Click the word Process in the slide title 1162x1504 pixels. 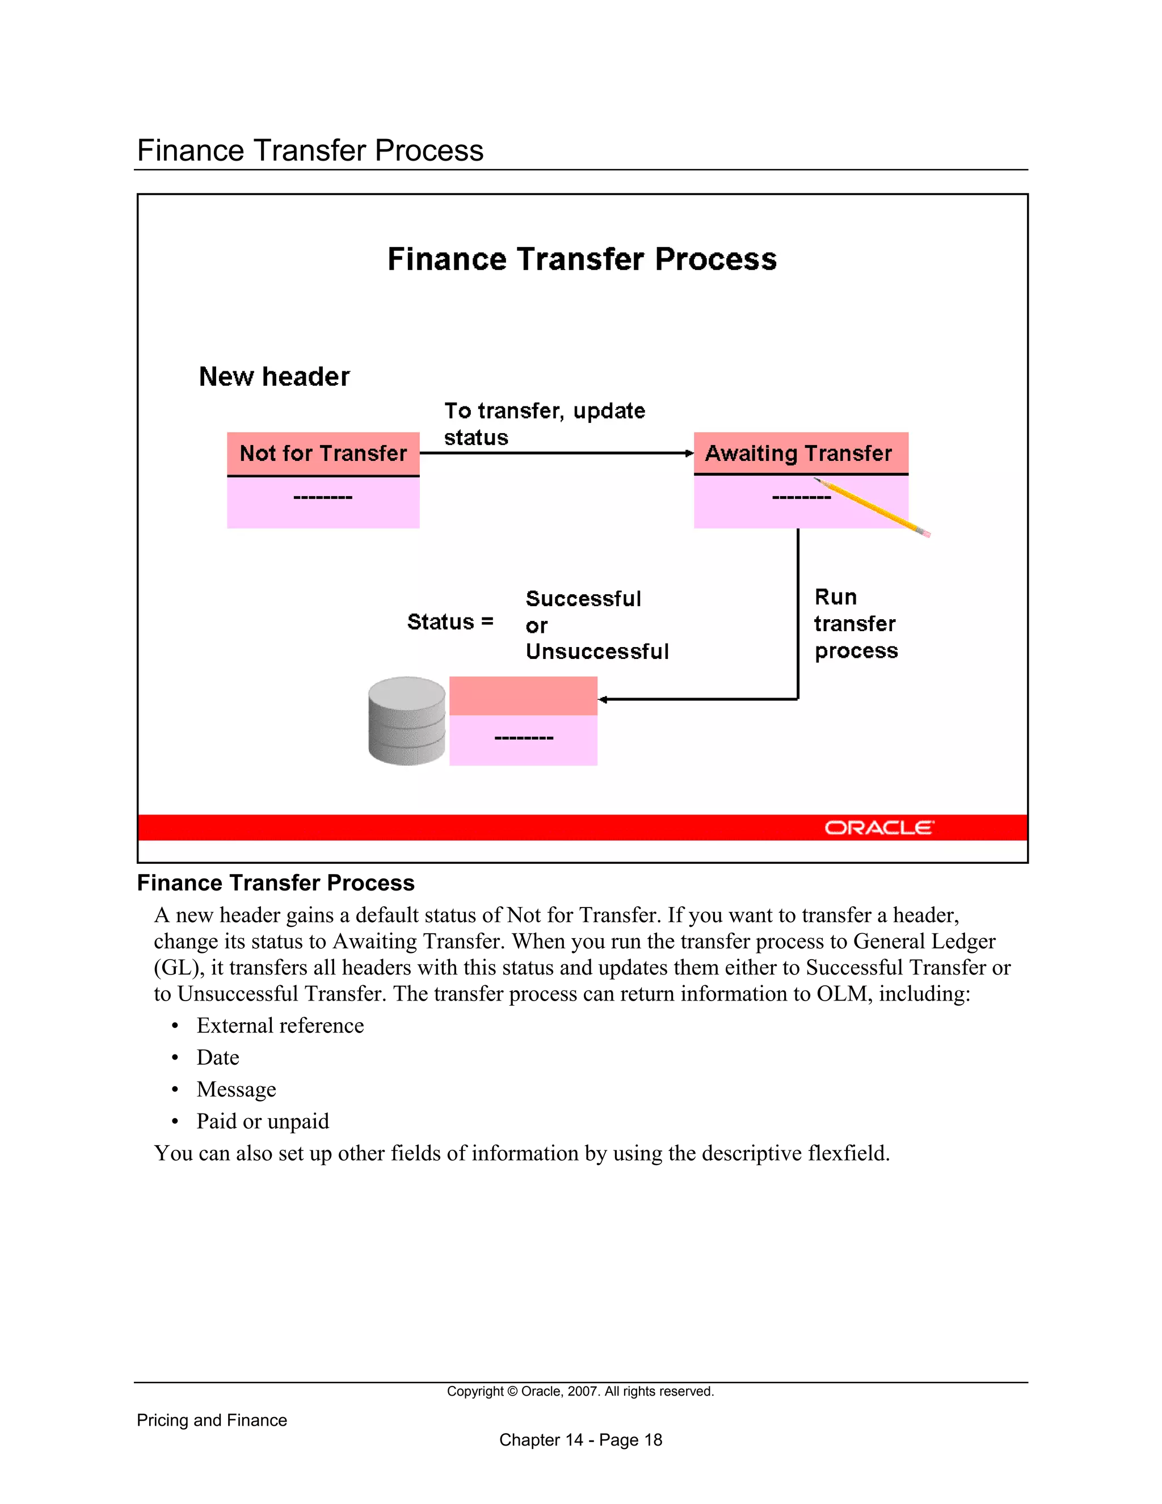point(715,259)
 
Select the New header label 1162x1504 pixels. point(274,377)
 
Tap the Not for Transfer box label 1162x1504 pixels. point(323,453)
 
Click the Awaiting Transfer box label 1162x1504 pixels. point(798,453)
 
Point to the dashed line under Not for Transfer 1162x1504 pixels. point(323,497)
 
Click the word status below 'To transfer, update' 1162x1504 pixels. point(475,438)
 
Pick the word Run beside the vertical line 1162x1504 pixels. point(835,597)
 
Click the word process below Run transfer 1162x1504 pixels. point(856,651)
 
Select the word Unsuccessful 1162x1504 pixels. point(597,652)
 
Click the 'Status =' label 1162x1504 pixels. point(450,622)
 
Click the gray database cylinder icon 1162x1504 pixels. point(407,720)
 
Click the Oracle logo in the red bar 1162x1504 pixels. point(878,827)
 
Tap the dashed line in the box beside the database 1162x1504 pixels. point(523,738)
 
